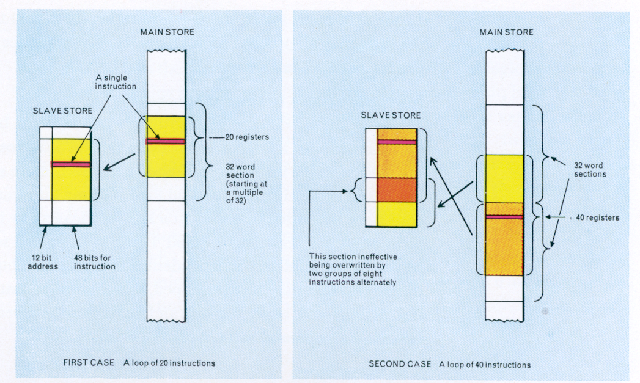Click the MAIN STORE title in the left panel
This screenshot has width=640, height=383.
click(x=167, y=31)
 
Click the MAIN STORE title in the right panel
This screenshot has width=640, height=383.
click(x=506, y=32)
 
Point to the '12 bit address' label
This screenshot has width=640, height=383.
click(x=43, y=262)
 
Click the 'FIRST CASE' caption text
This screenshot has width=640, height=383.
click(x=89, y=363)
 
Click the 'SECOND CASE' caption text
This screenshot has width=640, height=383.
click(x=400, y=364)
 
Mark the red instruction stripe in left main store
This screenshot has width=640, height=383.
click(x=166, y=141)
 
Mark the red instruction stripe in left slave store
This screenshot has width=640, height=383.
click(x=71, y=164)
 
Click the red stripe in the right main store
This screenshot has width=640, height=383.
click(x=504, y=217)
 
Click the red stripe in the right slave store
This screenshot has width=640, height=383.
click(x=397, y=142)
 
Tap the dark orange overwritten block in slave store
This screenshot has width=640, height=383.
click(x=397, y=189)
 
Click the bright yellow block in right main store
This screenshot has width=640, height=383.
click(x=504, y=178)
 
